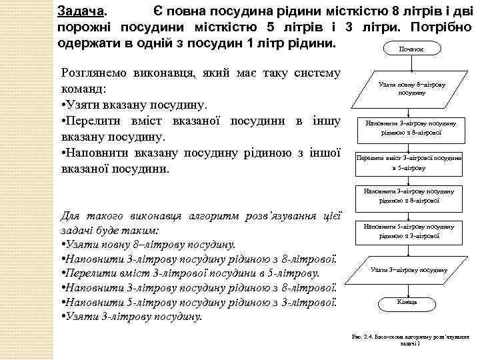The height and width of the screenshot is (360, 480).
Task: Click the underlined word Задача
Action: coord(81,11)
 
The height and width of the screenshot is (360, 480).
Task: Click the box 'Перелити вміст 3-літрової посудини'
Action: coord(409,162)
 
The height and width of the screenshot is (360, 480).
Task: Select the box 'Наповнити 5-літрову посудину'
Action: coord(409,231)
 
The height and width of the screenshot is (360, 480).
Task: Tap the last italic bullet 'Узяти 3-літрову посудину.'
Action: coord(133,316)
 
